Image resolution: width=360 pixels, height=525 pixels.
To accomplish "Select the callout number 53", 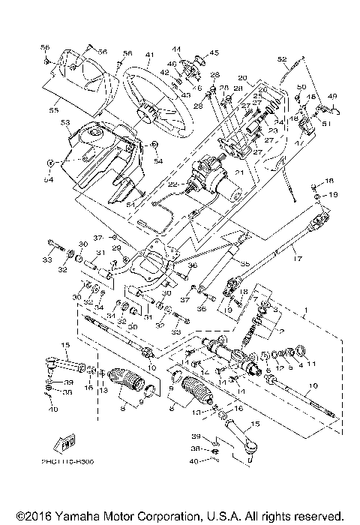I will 65,121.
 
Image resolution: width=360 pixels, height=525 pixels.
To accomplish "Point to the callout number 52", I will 283,58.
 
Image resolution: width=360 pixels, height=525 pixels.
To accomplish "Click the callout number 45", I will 214,52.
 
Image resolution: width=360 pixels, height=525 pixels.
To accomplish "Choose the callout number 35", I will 244,264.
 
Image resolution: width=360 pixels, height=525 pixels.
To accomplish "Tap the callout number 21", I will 241,172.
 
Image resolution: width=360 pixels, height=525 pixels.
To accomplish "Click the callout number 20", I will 241,78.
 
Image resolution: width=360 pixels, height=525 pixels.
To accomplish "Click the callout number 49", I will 331,95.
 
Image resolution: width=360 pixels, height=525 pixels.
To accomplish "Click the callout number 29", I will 116,247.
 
